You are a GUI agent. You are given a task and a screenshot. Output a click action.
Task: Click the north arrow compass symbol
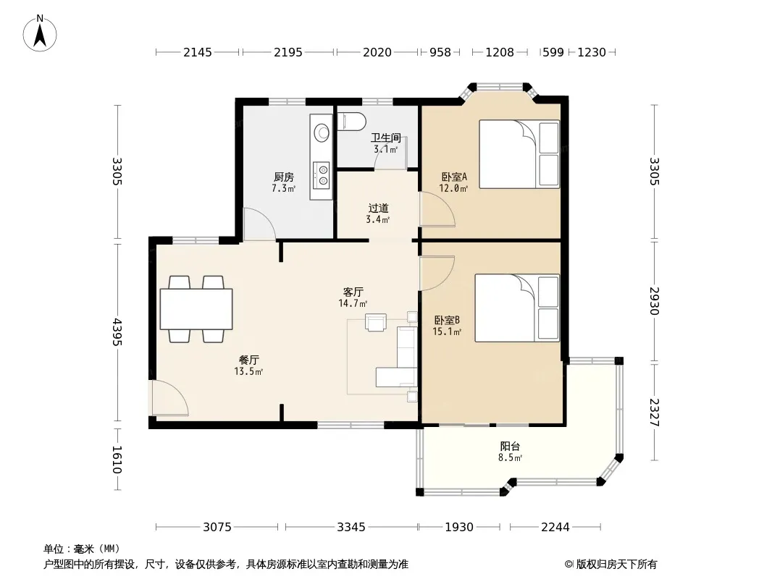(x=40, y=33)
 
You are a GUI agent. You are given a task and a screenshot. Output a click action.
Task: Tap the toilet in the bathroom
(x=352, y=121)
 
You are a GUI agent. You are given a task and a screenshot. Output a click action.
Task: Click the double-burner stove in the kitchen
(x=322, y=174)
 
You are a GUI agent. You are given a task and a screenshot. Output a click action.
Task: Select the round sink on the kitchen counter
(x=322, y=132)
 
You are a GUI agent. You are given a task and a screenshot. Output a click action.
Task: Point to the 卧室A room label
(x=454, y=176)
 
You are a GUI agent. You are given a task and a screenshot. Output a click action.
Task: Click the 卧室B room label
(x=447, y=320)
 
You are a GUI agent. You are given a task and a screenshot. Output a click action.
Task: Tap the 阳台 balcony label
(x=510, y=446)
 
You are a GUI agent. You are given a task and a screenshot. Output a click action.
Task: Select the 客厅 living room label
(x=353, y=292)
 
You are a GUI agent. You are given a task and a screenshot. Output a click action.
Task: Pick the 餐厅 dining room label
(x=248, y=360)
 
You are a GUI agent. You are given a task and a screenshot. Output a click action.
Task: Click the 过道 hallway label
(x=378, y=208)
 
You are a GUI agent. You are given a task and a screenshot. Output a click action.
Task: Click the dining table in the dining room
(x=196, y=309)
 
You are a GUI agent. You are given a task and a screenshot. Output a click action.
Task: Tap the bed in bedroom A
(x=519, y=154)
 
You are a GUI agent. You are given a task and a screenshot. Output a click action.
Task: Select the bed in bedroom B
(x=518, y=308)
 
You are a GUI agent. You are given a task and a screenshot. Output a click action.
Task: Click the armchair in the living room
(x=376, y=322)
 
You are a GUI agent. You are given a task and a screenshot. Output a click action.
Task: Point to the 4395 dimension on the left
(x=117, y=332)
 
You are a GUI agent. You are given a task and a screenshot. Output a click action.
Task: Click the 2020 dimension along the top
(x=377, y=52)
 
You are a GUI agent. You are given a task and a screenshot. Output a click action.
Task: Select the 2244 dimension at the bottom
(x=555, y=527)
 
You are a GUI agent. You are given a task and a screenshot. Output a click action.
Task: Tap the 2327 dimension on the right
(x=655, y=413)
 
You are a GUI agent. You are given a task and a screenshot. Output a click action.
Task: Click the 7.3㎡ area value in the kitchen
(x=284, y=188)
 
